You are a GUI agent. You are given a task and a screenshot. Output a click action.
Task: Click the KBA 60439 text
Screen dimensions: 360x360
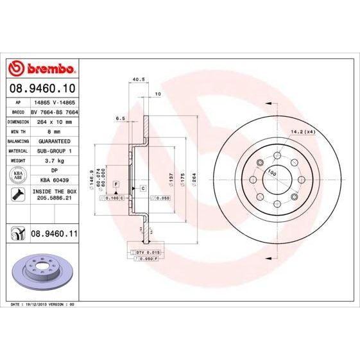click(x=55, y=180)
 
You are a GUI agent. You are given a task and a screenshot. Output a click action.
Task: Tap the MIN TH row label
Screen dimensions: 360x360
click(x=15, y=130)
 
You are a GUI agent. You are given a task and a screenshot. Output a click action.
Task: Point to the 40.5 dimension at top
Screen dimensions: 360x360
click(x=136, y=80)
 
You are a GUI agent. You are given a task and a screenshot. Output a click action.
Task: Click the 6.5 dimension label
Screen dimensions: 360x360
click(x=120, y=118)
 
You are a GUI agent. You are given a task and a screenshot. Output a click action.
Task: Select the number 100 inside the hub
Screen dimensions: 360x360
click(x=272, y=173)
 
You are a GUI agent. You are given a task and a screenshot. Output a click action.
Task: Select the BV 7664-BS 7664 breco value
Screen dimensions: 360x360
click(x=55, y=111)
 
